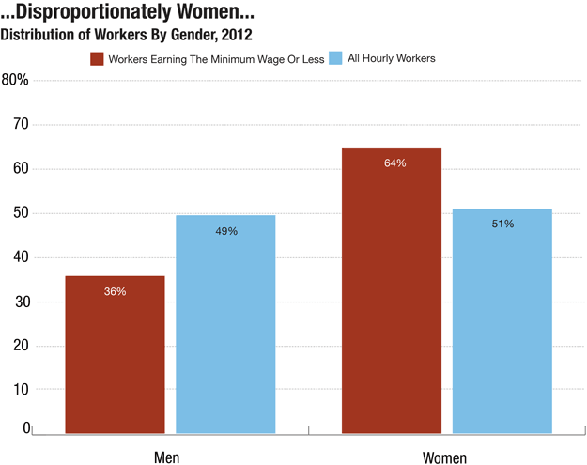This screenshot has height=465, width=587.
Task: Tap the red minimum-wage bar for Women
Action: click(x=391, y=290)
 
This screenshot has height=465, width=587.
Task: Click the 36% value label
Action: click(x=115, y=292)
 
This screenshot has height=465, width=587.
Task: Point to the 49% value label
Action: click(x=225, y=231)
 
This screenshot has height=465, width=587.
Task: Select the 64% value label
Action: click(x=394, y=163)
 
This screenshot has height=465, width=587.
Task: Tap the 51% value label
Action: click(x=502, y=224)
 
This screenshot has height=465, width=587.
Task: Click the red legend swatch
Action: click(x=97, y=59)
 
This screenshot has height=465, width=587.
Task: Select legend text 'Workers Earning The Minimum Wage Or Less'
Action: click(x=216, y=59)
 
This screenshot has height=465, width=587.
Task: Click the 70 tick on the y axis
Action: click(x=21, y=124)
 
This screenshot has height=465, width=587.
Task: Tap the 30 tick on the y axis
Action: click(x=21, y=302)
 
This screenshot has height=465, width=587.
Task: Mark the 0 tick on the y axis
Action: click(x=26, y=428)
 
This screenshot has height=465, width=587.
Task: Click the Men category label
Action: click(x=167, y=457)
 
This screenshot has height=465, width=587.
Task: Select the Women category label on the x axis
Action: click(x=444, y=457)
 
